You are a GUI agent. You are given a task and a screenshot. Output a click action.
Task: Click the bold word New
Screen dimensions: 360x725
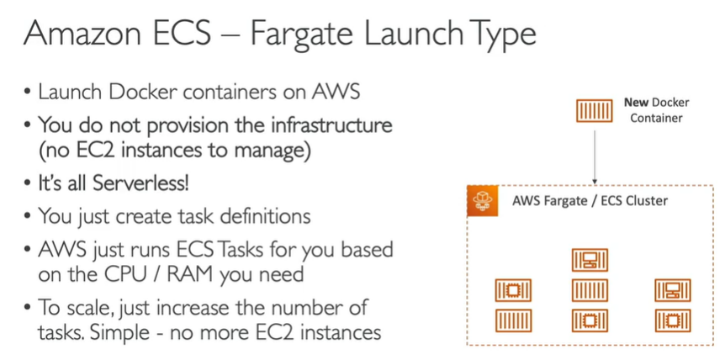click(636, 103)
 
